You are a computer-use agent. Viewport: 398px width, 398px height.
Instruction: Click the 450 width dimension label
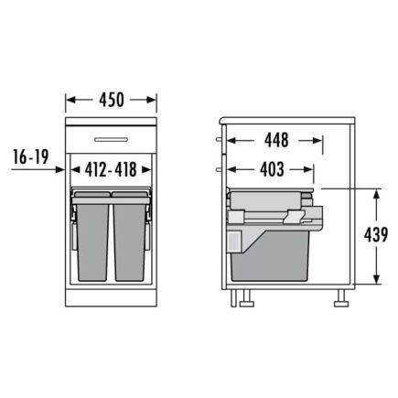pos(112,100)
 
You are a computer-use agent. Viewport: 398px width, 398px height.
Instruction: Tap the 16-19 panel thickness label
pos(31,157)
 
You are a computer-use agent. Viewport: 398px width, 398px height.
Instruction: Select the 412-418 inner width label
pos(111,169)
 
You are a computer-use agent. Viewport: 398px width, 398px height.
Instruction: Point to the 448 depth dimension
pos(276,140)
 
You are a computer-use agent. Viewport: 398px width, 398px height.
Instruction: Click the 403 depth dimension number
pos(272,169)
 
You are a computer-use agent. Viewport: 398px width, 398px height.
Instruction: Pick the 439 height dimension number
pos(376,235)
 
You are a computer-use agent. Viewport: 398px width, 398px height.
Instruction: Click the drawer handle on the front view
pos(111,140)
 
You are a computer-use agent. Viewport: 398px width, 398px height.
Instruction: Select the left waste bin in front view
pos(92,236)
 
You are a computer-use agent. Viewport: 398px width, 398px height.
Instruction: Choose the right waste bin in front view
pos(130,236)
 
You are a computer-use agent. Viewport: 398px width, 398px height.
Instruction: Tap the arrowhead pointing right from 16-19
pos(60,169)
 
